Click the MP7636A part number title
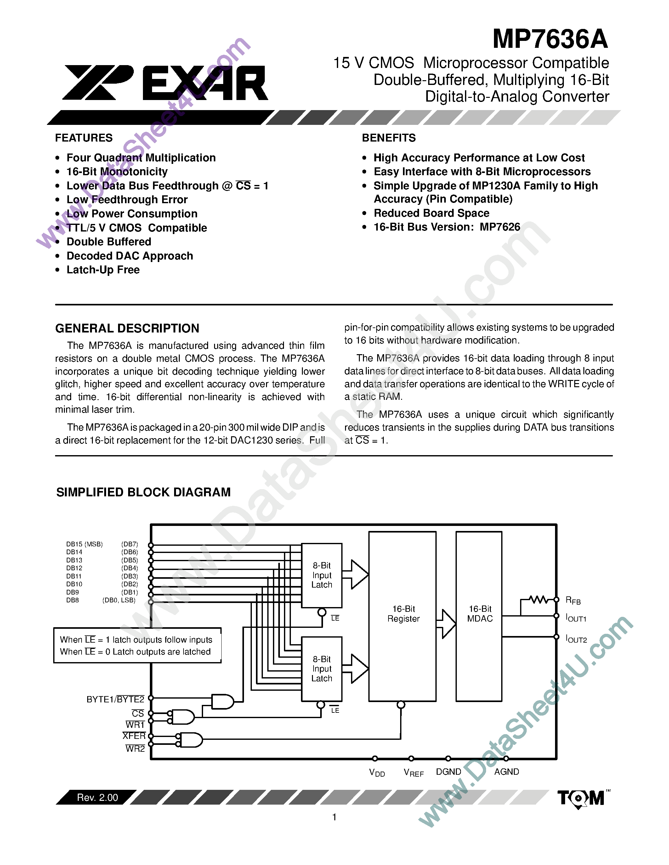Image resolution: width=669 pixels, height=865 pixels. [550, 39]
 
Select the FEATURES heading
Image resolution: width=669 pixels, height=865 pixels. [84, 138]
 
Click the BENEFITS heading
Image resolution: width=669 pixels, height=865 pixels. [389, 138]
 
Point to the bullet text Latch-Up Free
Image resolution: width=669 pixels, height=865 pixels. [103, 270]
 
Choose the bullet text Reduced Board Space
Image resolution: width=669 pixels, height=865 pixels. [431, 213]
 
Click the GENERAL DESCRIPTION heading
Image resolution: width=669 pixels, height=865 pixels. [127, 328]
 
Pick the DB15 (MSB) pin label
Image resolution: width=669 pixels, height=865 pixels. [84, 544]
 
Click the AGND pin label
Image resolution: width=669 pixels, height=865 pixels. [507, 772]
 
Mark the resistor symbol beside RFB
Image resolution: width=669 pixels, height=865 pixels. [539, 599]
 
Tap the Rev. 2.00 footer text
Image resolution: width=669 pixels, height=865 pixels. [98, 797]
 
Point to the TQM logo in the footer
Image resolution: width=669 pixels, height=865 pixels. [581, 798]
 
